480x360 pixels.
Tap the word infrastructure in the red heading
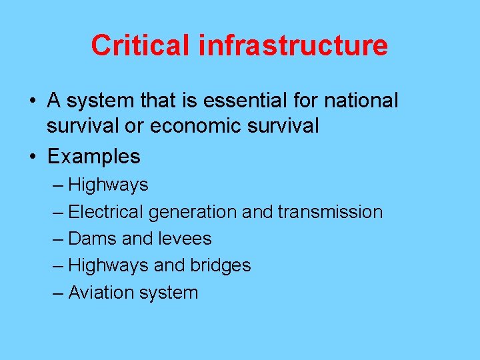[x=293, y=45]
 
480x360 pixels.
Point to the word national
[x=361, y=101]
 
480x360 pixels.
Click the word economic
[x=197, y=125]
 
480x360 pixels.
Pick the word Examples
[x=94, y=157]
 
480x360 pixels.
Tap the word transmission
[x=330, y=212]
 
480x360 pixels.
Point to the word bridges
[x=220, y=265]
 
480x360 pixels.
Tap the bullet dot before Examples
[x=33, y=157]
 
